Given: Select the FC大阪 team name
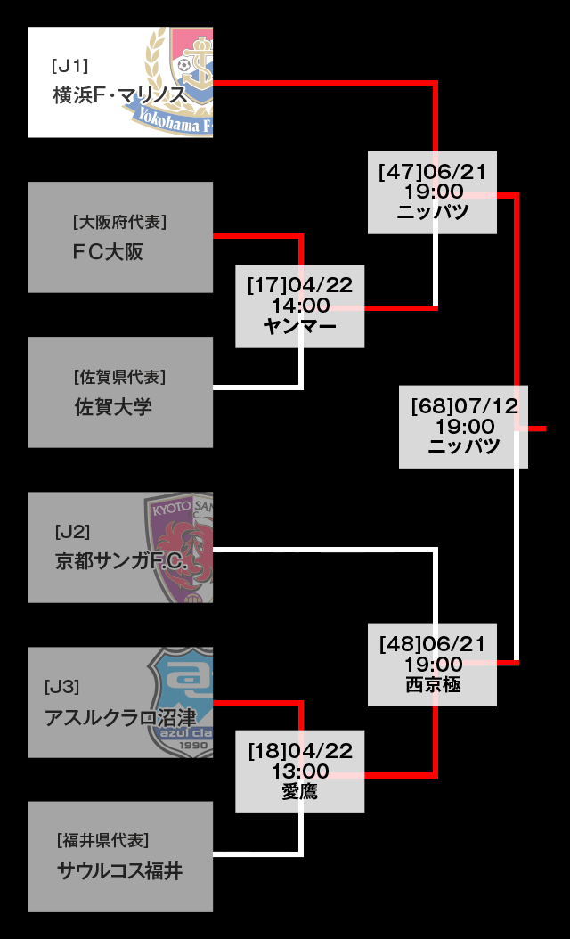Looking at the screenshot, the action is coord(108,252).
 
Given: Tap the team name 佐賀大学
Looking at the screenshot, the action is coord(113,407).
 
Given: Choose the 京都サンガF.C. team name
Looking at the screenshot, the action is coord(121,563).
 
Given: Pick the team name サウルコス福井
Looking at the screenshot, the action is coord(119,871).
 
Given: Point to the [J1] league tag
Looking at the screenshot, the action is coord(70,66).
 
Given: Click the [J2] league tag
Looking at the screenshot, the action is coord(72,532).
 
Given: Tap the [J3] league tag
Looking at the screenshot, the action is coord(61,687).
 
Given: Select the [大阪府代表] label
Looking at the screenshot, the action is coord(119,222).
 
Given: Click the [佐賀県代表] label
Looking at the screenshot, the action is coord(119,377).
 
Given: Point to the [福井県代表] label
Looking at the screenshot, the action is coord(103,841).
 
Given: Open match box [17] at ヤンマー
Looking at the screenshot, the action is coord(300,306).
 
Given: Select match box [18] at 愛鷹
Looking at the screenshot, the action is coord(300,772).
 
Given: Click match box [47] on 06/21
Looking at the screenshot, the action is coord(432,192).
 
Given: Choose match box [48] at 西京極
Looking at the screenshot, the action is coord(432,665).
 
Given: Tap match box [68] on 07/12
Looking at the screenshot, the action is coord(463,427).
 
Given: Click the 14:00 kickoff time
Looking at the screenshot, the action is coord(300,306).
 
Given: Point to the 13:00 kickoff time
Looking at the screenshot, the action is coord(300,771).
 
